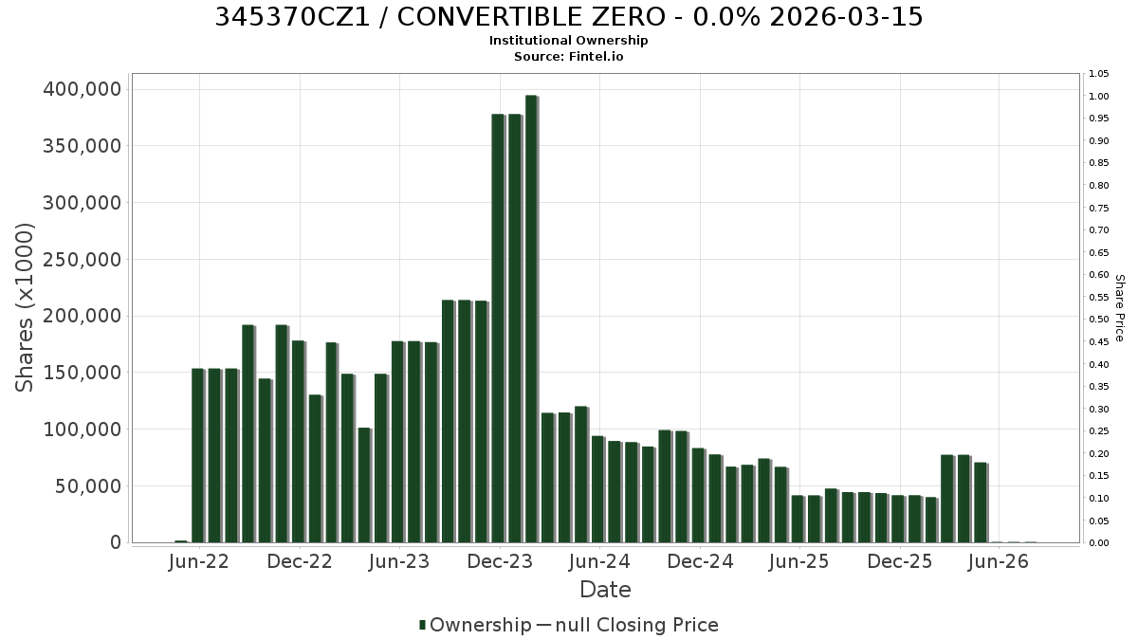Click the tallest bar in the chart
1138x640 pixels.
531,319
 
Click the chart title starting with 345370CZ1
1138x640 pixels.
568,17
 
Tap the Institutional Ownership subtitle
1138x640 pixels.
568,41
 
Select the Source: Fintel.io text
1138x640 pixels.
568,56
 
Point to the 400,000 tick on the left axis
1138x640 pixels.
83,89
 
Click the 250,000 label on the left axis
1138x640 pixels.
83,260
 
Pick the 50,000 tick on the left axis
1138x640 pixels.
89,486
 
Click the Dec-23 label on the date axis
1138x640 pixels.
500,561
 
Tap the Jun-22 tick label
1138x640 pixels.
198,561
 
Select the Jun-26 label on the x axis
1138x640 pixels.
999,561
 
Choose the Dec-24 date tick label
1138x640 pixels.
700,561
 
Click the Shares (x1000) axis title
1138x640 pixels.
25,308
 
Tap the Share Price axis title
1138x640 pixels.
1119,308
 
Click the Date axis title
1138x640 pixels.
606,590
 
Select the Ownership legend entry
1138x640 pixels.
475,625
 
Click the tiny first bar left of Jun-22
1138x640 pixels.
181,541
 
